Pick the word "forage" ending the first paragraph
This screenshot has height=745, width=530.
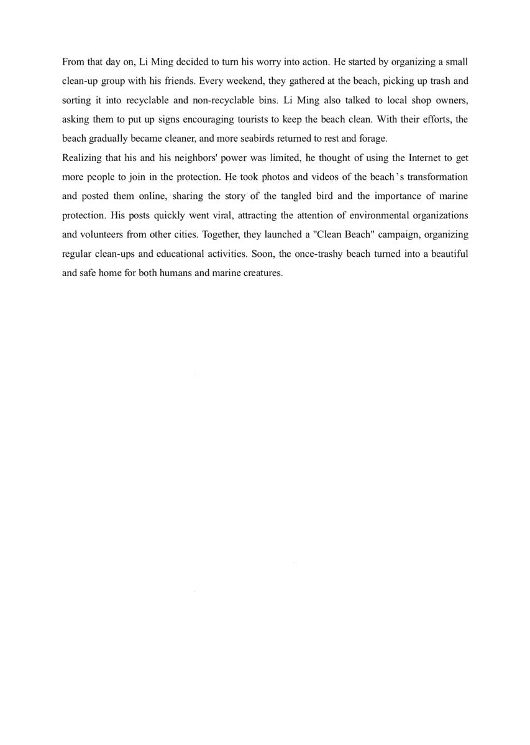[x=372, y=139]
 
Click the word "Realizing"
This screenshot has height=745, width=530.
[x=81, y=158]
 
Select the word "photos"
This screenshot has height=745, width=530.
[x=275, y=177]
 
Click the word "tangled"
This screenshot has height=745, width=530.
[x=298, y=197]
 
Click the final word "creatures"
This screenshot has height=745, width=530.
[x=263, y=273]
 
